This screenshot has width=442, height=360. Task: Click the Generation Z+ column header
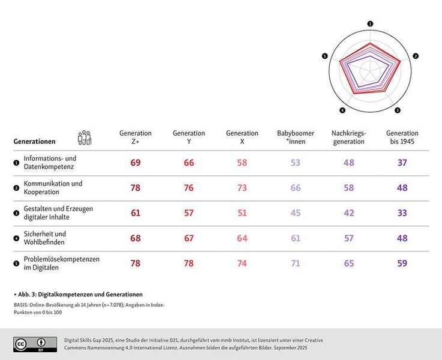(x=136, y=137)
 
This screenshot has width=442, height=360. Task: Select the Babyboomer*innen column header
(x=295, y=137)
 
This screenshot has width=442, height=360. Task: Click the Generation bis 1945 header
(x=402, y=137)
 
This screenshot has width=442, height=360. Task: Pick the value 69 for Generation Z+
(x=136, y=163)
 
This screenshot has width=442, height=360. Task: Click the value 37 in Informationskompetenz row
(x=402, y=163)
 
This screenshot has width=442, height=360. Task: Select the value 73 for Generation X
(x=242, y=188)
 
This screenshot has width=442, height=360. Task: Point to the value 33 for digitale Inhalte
(x=402, y=213)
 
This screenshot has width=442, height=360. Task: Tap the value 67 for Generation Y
(x=189, y=238)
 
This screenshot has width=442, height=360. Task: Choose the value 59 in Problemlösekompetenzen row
(x=402, y=263)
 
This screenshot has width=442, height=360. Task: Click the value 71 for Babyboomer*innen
(x=295, y=263)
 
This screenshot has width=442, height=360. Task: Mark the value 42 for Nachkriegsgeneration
(x=348, y=213)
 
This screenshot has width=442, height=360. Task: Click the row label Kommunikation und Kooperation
(x=53, y=188)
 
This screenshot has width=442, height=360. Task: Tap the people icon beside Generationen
(x=85, y=138)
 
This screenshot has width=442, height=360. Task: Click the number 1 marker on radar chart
(x=370, y=24)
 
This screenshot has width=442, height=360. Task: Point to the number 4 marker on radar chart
(x=342, y=110)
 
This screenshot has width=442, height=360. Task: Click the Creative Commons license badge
(x=35, y=343)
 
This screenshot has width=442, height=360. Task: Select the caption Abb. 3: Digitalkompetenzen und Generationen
(x=79, y=295)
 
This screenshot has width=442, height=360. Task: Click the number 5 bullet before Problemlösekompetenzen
(x=16, y=263)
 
